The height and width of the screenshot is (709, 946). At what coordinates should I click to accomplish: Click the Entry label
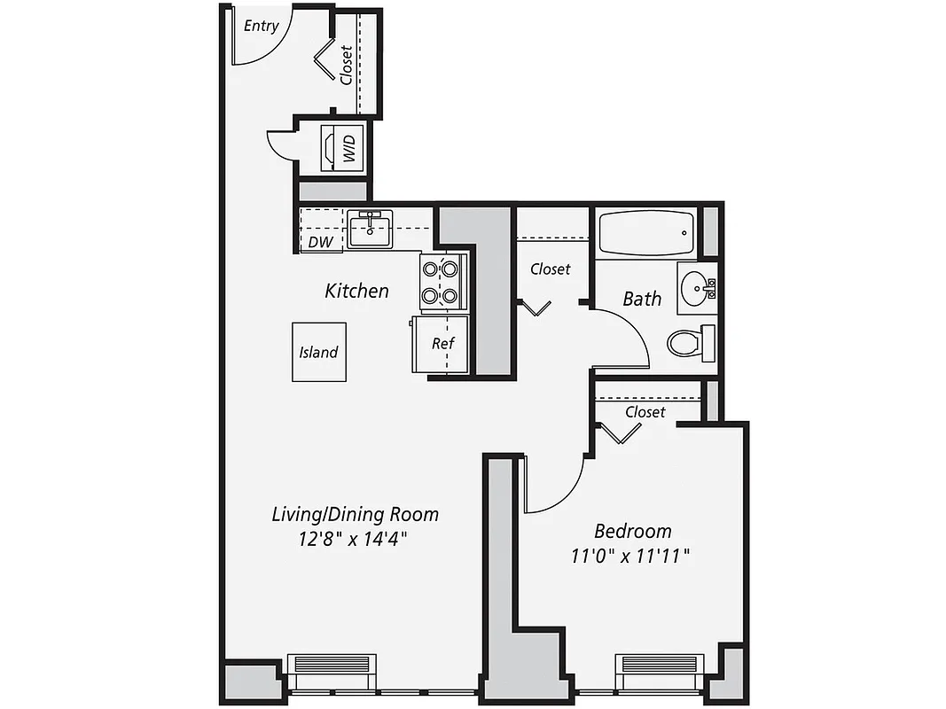(261, 26)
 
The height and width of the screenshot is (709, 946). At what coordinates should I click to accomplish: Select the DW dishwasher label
(319, 242)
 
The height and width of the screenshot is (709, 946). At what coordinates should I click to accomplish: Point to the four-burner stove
(442, 282)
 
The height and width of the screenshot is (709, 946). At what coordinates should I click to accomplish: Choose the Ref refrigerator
(441, 344)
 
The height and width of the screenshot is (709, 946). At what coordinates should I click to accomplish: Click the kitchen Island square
(318, 352)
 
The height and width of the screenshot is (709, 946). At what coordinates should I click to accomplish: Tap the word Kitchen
(356, 291)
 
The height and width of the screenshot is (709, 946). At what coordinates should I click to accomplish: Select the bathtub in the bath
(645, 233)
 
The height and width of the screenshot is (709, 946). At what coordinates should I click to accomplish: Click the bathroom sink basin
(695, 287)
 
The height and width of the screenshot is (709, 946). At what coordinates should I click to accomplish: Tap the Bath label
(641, 299)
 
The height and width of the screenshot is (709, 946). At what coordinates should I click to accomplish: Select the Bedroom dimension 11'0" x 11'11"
(632, 556)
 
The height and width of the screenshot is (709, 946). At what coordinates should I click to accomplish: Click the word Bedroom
(632, 532)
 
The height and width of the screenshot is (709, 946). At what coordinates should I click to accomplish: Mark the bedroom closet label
(645, 412)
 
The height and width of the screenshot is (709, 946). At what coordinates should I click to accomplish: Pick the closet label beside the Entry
(346, 65)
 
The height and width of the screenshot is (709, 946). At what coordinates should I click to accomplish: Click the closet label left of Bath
(550, 269)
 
